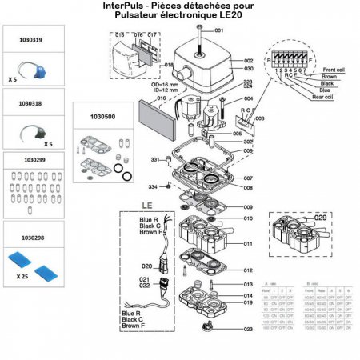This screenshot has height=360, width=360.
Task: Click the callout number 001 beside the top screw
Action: pyautogui.click(x=221, y=30)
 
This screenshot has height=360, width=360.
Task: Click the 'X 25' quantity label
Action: pyautogui.click(x=19, y=275)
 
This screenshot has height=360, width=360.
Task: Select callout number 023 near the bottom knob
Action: pyautogui.click(x=248, y=329)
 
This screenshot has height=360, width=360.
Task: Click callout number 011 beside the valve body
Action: pyautogui.click(x=248, y=243)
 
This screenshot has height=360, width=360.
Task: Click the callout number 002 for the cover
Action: pyautogui.click(x=248, y=61)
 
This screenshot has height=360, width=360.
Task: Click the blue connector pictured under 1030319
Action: pyautogui.click(x=26, y=70)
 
